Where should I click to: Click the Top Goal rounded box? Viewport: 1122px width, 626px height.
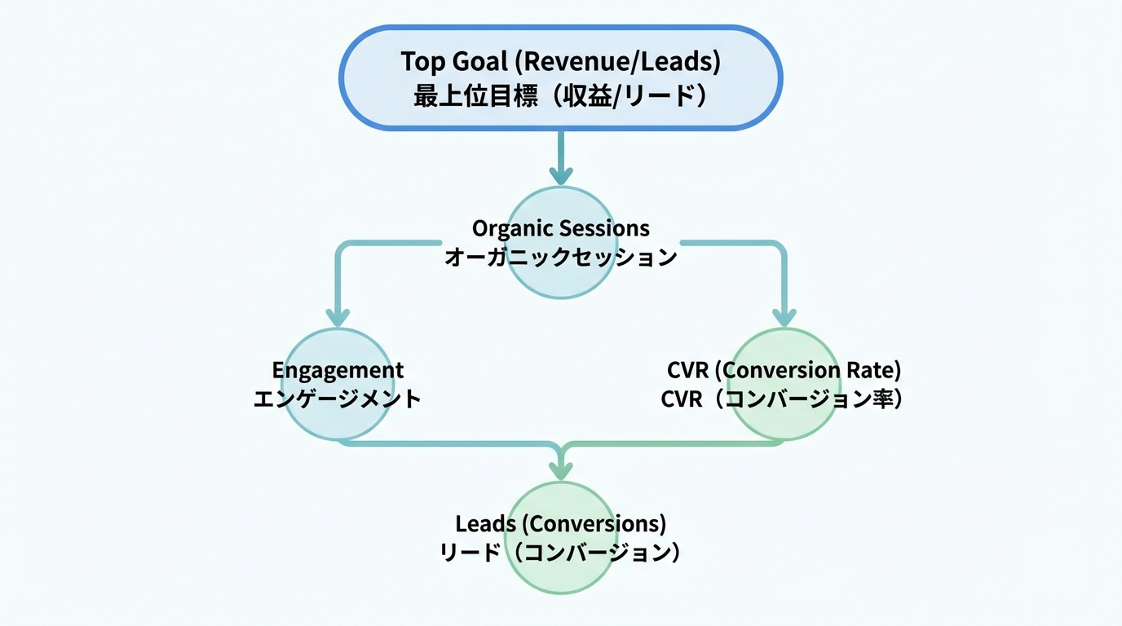(x=560, y=77)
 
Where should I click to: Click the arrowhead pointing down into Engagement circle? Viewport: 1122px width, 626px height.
(x=338, y=317)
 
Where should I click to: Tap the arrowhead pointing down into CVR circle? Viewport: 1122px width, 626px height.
(x=784, y=317)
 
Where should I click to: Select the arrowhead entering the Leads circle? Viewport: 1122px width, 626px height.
(x=561, y=469)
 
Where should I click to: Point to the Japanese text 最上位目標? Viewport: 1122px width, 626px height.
(x=475, y=96)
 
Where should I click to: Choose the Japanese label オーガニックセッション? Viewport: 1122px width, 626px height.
(x=561, y=258)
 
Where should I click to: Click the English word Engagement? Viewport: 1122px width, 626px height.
(x=338, y=370)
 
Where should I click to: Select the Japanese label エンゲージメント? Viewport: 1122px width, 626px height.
(x=338, y=399)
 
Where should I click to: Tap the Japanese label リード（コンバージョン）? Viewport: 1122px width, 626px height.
(x=561, y=552)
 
